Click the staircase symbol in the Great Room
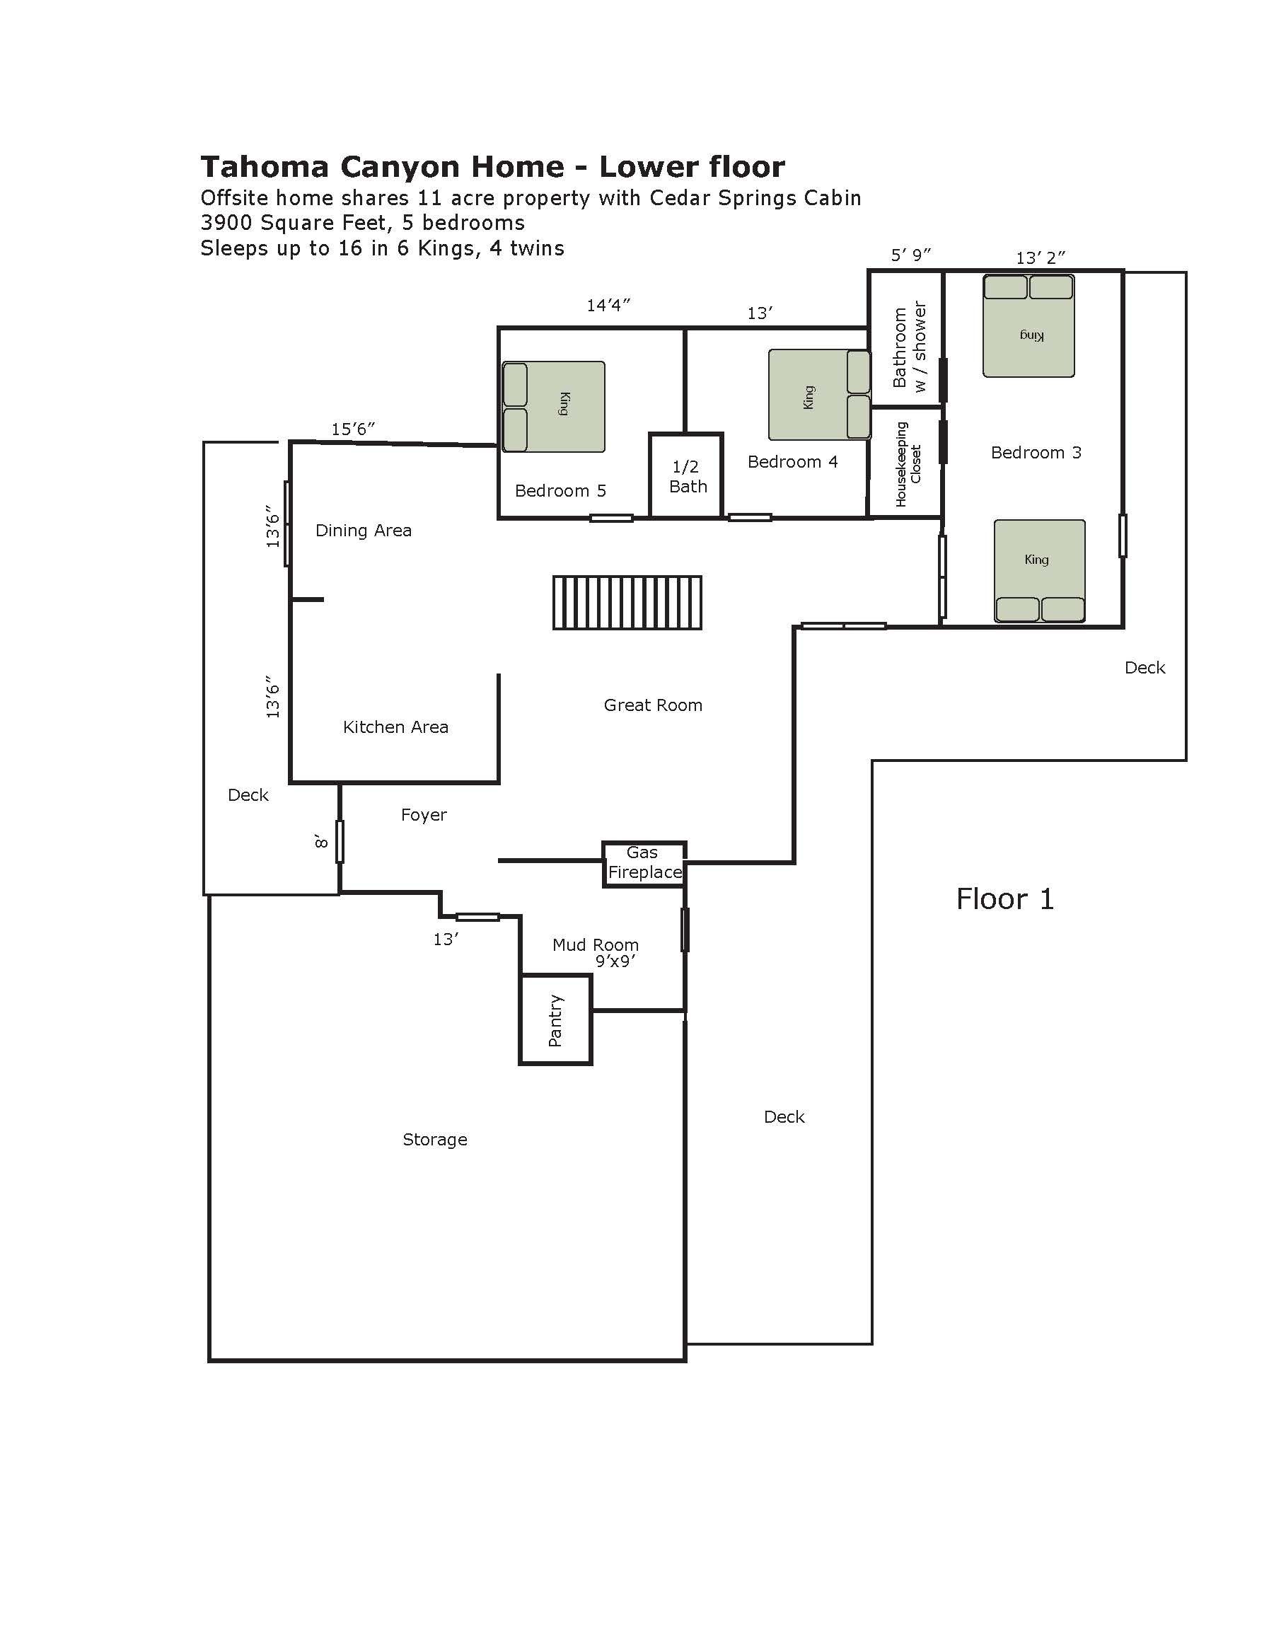click(x=627, y=602)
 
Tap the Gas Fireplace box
click(x=644, y=863)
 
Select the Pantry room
click(x=555, y=1019)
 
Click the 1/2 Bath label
click(x=687, y=477)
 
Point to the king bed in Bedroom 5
click(x=553, y=407)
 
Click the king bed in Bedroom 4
click(x=818, y=395)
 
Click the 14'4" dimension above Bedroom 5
click(x=608, y=305)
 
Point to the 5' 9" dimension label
click(x=910, y=255)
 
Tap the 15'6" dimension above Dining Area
click(x=352, y=429)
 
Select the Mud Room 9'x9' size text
click(x=615, y=961)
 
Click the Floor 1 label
click(x=1004, y=899)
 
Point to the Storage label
click(x=434, y=1139)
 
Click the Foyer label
click(x=423, y=815)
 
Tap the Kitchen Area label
click(x=395, y=727)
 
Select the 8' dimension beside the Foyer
click(x=322, y=841)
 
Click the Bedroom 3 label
click(x=1035, y=453)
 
